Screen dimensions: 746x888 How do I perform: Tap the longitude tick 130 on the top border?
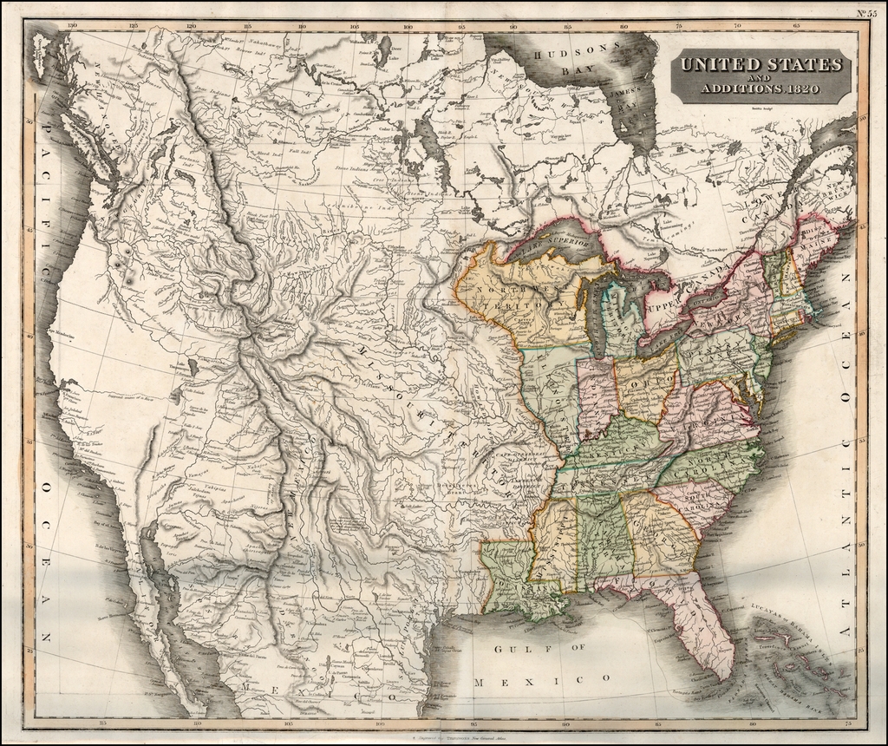(x=72, y=26)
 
